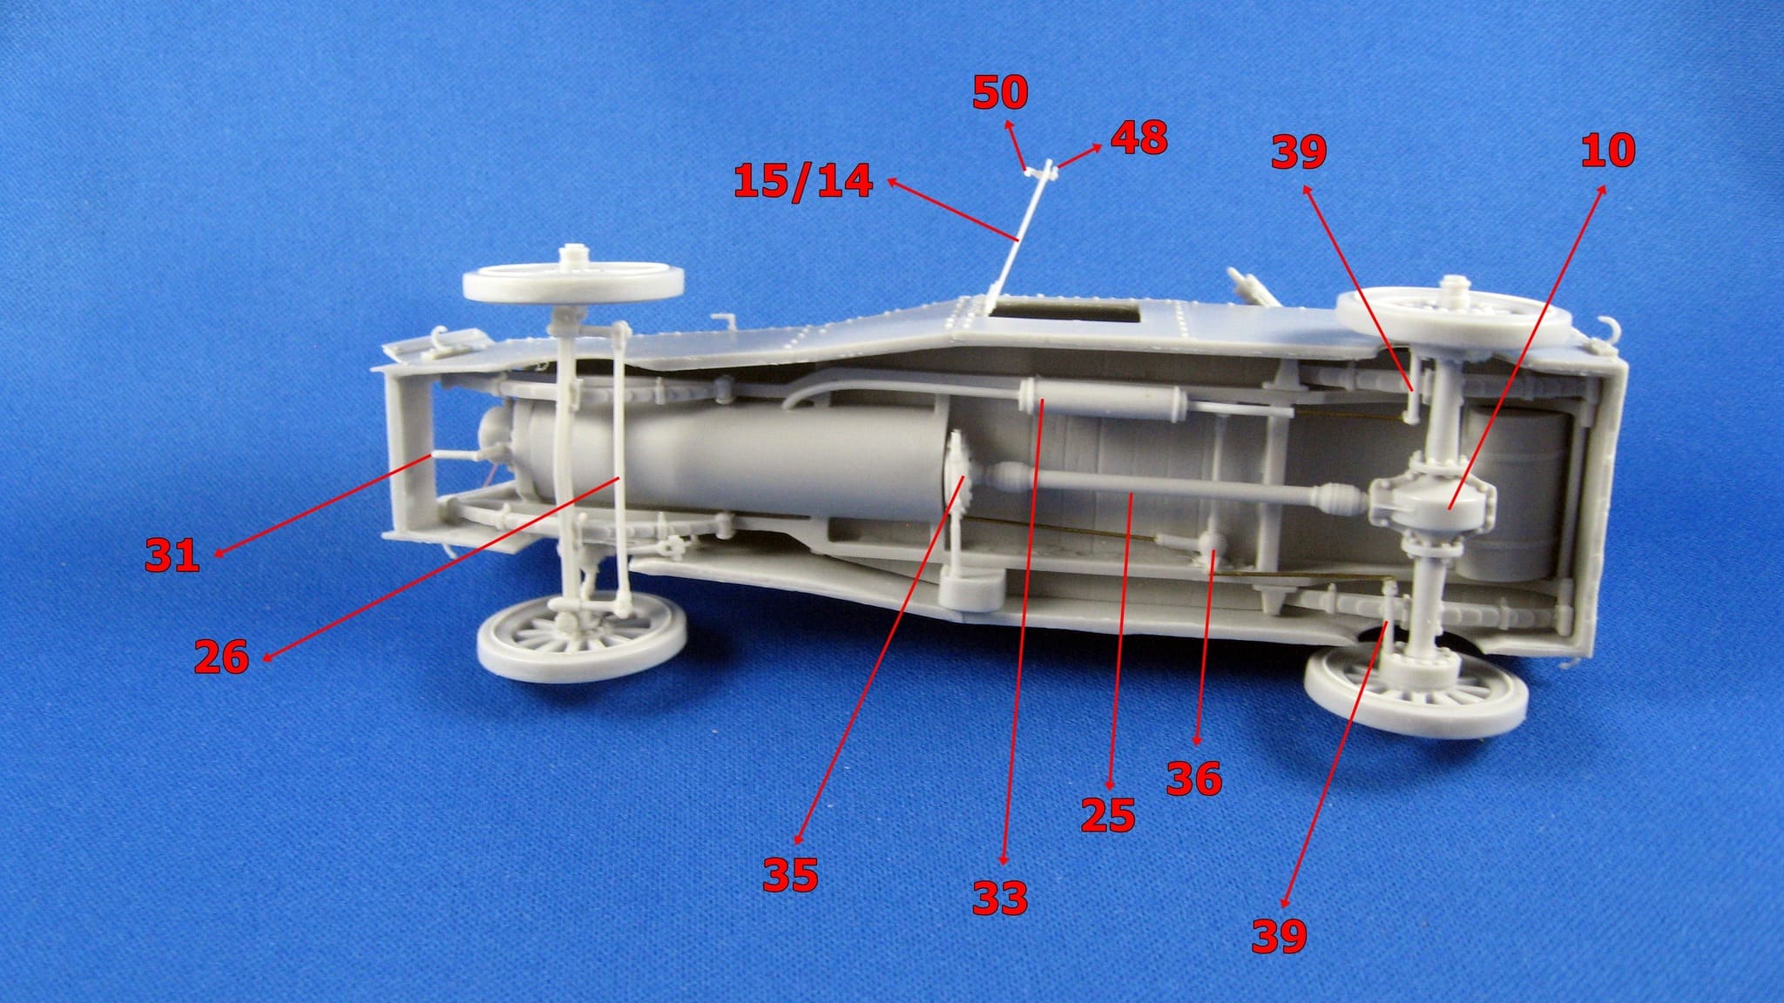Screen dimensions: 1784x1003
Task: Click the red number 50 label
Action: point(1000,93)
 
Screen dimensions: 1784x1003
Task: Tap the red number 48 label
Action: point(1139,138)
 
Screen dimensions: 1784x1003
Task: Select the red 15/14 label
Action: point(803,181)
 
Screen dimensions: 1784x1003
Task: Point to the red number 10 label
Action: point(1608,151)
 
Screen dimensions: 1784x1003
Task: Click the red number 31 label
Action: point(172,555)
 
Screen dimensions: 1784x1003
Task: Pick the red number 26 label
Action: point(221,656)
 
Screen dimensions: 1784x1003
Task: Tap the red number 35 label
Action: point(790,875)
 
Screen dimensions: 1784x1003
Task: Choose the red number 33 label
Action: point(1000,898)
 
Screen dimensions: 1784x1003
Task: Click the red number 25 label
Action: point(1108,816)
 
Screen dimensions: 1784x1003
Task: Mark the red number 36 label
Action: point(1194,778)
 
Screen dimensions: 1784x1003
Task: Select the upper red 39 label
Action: point(1299,151)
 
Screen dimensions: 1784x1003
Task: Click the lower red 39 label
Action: point(1280,936)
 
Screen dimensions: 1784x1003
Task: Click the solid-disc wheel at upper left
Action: point(573,280)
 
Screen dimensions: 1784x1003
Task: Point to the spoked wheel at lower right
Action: point(1416,692)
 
